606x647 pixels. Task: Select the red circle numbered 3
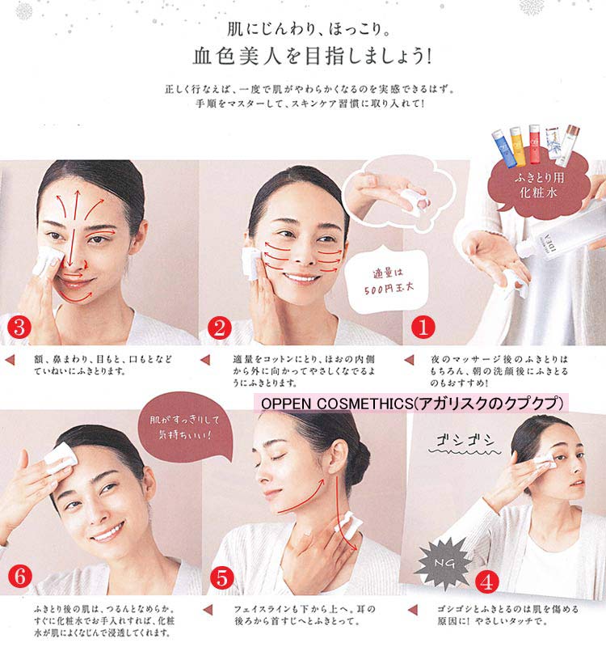[x=17, y=327]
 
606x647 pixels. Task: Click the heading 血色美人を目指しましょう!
[x=303, y=57]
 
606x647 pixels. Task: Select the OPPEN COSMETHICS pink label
[x=412, y=402]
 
